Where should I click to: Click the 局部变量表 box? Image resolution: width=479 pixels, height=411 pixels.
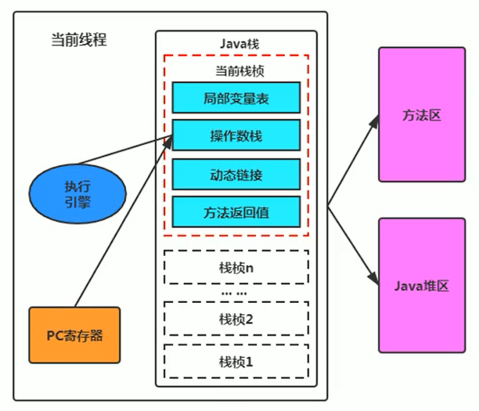(x=236, y=97)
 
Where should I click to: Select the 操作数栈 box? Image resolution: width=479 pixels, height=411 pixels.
(x=236, y=135)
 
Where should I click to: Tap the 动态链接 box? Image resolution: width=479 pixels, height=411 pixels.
(x=236, y=173)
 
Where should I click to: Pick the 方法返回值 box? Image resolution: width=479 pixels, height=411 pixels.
(x=236, y=211)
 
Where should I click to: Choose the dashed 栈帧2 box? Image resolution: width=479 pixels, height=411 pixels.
(x=236, y=319)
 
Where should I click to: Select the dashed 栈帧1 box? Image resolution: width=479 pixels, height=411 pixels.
(x=236, y=361)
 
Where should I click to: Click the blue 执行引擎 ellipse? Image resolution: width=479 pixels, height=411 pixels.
(x=77, y=193)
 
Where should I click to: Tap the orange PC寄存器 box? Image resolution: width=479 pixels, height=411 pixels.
(x=75, y=335)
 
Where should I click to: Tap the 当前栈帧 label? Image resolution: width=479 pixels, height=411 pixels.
(x=236, y=70)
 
